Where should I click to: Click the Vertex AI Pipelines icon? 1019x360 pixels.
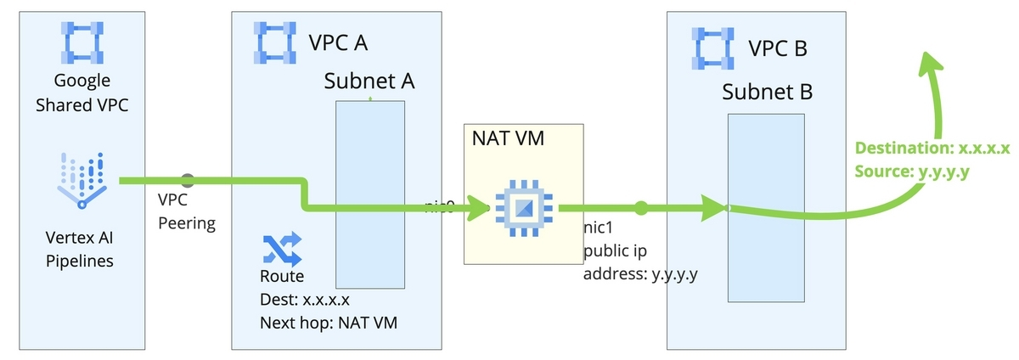point(82,179)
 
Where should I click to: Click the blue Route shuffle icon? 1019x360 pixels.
point(282,250)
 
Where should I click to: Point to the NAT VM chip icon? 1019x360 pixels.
point(522,206)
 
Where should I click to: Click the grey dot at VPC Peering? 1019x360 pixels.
point(188,181)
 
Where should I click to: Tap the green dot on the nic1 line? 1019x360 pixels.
point(641,206)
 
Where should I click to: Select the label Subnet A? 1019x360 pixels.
point(369,82)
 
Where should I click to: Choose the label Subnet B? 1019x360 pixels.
point(768,92)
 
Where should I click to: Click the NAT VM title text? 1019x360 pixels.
point(508,138)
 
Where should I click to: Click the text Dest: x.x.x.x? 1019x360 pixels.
point(305,299)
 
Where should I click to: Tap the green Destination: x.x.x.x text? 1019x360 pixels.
point(932,149)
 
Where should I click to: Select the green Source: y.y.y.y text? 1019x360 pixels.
point(913,172)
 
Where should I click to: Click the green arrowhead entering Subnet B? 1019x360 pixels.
point(712,206)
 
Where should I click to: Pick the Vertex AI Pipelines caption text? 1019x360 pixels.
point(82,249)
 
